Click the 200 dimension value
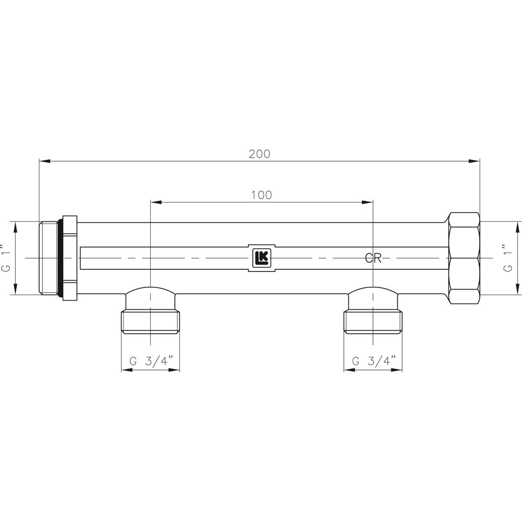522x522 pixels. (x=260, y=154)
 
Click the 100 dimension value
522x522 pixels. (x=261, y=195)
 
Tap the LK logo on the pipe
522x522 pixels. (x=261, y=258)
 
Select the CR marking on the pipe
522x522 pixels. (x=373, y=259)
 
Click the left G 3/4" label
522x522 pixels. (x=151, y=361)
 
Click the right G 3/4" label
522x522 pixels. (x=374, y=361)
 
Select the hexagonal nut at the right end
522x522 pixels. (x=463, y=258)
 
